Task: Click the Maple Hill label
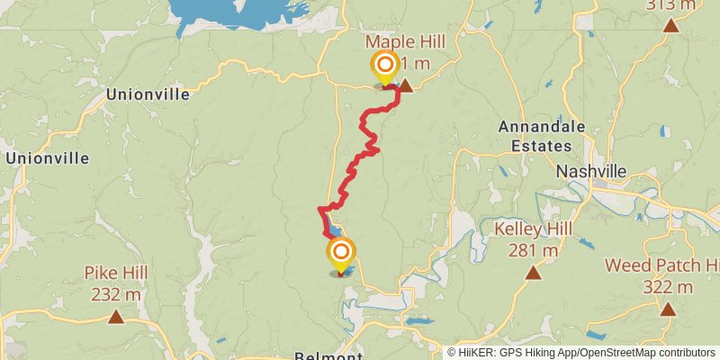click(405, 42)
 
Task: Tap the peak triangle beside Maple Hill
click(406, 86)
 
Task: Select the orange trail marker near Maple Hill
click(385, 66)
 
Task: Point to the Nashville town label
click(590, 171)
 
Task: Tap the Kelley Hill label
click(533, 229)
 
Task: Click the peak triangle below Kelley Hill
click(533, 270)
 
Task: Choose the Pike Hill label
click(116, 273)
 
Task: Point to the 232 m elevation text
click(116, 293)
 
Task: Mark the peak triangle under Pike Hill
click(116, 316)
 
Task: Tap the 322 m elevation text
click(668, 287)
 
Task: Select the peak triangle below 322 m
click(668, 310)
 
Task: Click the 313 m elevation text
click(671, 5)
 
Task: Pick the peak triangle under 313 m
click(671, 24)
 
